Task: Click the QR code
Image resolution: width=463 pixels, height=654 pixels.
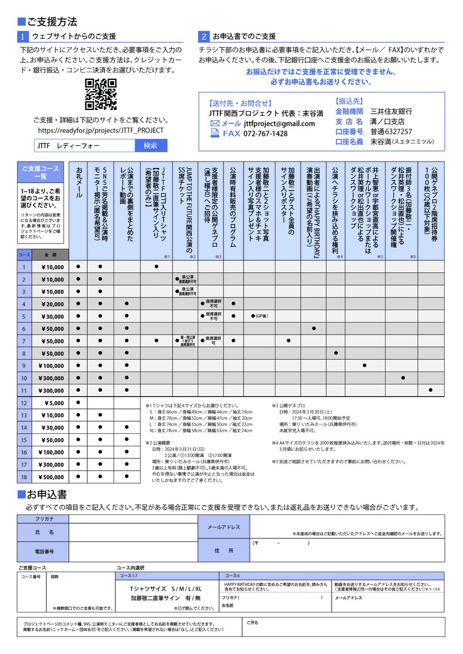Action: (x=101, y=95)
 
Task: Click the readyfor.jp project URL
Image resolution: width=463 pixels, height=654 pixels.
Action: (x=101, y=130)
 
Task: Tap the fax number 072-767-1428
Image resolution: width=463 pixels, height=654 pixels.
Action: (x=265, y=134)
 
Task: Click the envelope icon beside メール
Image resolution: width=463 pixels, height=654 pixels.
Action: (x=215, y=124)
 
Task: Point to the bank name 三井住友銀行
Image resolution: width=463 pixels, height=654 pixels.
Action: (x=391, y=111)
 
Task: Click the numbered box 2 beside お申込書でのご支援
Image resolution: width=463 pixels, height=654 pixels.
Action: (x=204, y=36)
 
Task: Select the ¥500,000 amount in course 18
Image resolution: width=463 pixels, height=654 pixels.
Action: (x=51, y=477)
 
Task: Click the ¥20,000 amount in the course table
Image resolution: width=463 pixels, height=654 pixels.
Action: (x=51, y=304)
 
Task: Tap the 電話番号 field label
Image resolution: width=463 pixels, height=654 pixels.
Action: (x=44, y=551)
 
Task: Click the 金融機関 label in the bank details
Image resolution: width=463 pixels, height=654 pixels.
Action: (x=350, y=111)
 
